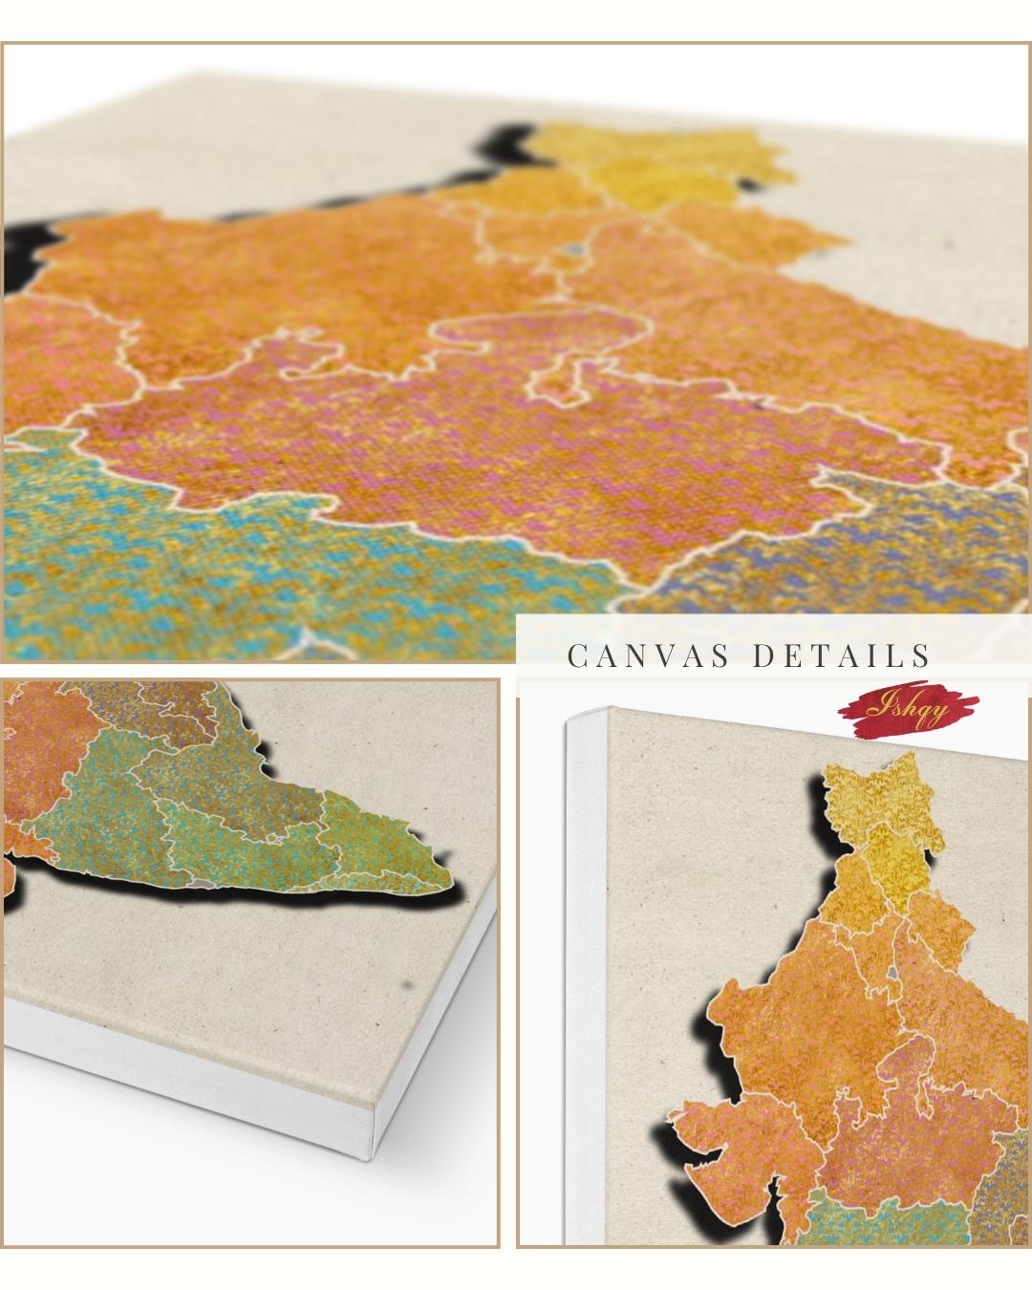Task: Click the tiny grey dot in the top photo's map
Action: [574, 250]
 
